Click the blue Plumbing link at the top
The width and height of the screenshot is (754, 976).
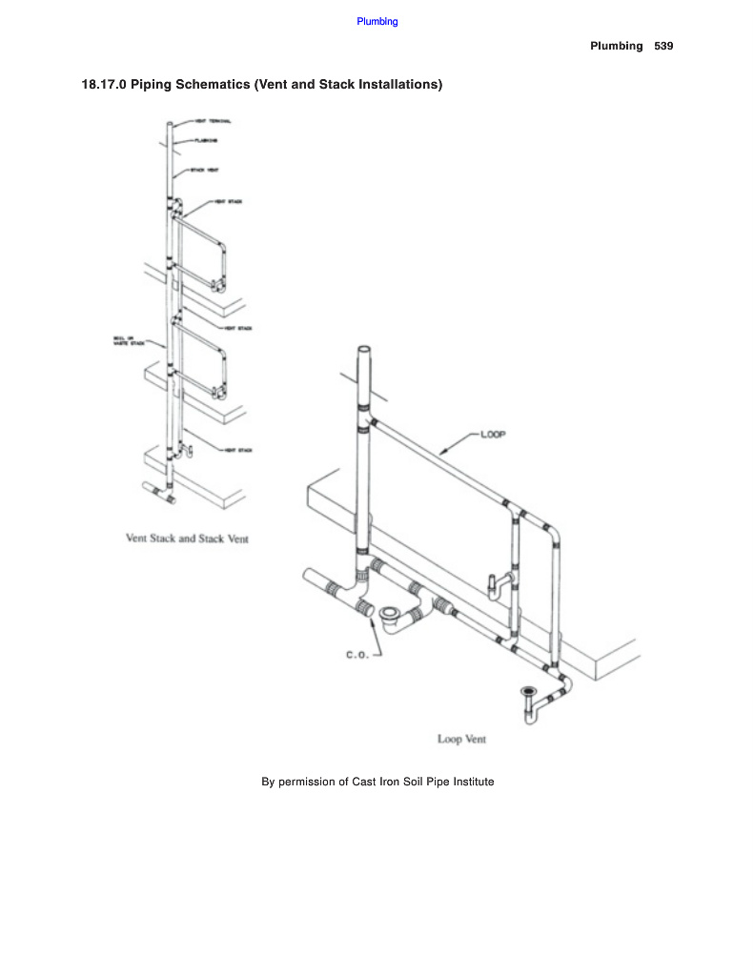point(377,22)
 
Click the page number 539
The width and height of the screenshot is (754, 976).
point(663,46)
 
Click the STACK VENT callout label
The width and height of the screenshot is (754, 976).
point(205,170)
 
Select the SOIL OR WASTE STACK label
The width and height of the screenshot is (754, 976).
point(124,340)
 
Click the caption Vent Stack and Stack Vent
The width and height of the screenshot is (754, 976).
point(187,539)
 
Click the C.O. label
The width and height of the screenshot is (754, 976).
point(357,655)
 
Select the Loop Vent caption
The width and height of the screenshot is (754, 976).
point(462,739)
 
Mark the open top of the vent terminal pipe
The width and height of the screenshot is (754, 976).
point(171,124)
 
